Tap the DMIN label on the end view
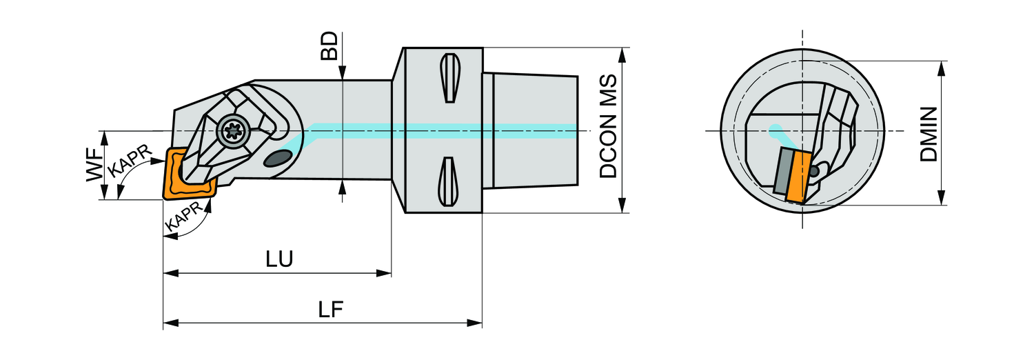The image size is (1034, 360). click(930, 134)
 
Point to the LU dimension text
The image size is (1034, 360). click(280, 259)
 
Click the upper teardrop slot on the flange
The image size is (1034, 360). click(448, 77)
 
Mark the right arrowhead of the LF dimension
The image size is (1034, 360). click(476, 323)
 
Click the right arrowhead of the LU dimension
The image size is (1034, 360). click(386, 273)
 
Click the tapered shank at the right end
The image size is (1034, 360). click(534, 131)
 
